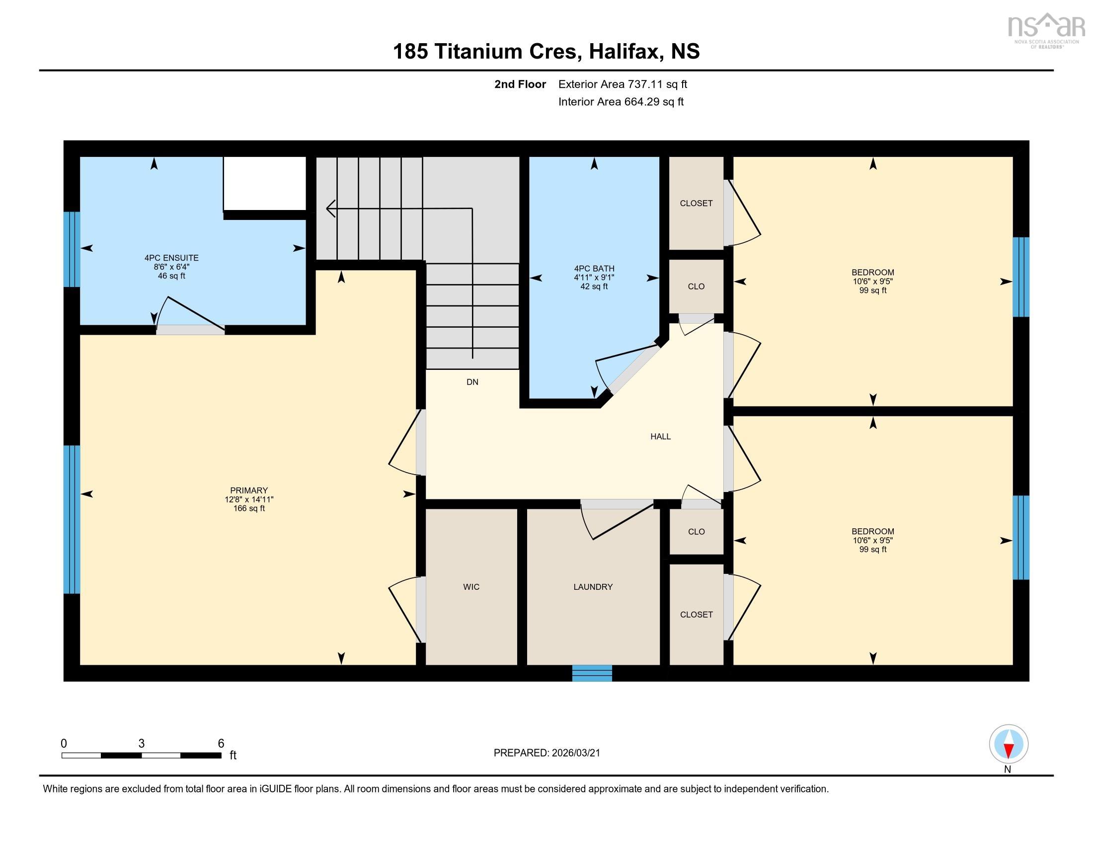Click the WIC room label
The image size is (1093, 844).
pyautogui.click(x=471, y=586)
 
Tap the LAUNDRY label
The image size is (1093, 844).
pyautogui.click(x=593, y=586)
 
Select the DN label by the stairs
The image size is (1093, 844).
pyautogui.click(x=472, y=382)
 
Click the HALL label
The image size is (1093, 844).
pyautogui.click(x=660, y=436)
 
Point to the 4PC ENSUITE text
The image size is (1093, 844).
pyautogui.click(x=171, y=258)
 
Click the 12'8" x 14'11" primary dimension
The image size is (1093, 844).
pyautogui.click(x=249, y=499)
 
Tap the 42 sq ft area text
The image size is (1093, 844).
pyautogui.click(x=594, y=286)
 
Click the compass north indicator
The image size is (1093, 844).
pyautogui.click(x=1009, y=745)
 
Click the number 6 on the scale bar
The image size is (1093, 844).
pyautogui.click(x=221, y=744)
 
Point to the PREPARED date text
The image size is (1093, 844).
pyautogui.click(x=546, y=753)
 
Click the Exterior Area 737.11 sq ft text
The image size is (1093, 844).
pyautogui.click(x=622, y=84)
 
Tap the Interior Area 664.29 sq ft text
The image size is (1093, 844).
pyautogui.click(x=621, y=102)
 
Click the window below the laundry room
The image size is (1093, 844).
pyautogui.click(x=592, y=673)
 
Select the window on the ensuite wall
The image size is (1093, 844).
pyautogui.click(x=72, y=249)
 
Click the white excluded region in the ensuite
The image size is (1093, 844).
pyautogui.click(x=264, y=183)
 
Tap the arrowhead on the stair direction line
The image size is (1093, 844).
pyautogui.click(x=330, y=208)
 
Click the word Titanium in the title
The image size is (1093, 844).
pyautogui.click(x=506, y=52)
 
